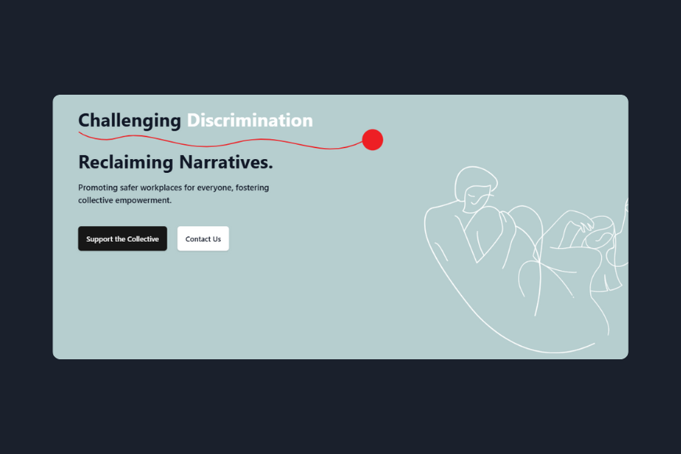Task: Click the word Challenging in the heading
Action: pyautogui.click(x=129, y=121)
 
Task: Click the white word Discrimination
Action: pyautogui.click(x=250, y=121)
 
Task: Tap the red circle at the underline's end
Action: pyautogui.click(x=373, y=140)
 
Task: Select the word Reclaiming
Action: pyautogui.click(x=125, y=163)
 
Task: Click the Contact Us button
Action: pyautogui.click(x=203, y=239)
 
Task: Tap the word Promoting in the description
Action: pyautogui.click(x=98, y=188)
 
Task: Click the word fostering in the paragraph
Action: pyautogui.click(x=252, y=188)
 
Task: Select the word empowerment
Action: pyautogui.click(x=145, y=200)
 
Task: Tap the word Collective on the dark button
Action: pyautogui.click(x=142, y=239)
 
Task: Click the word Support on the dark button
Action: pyautogui.click(x=99, y=239)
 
